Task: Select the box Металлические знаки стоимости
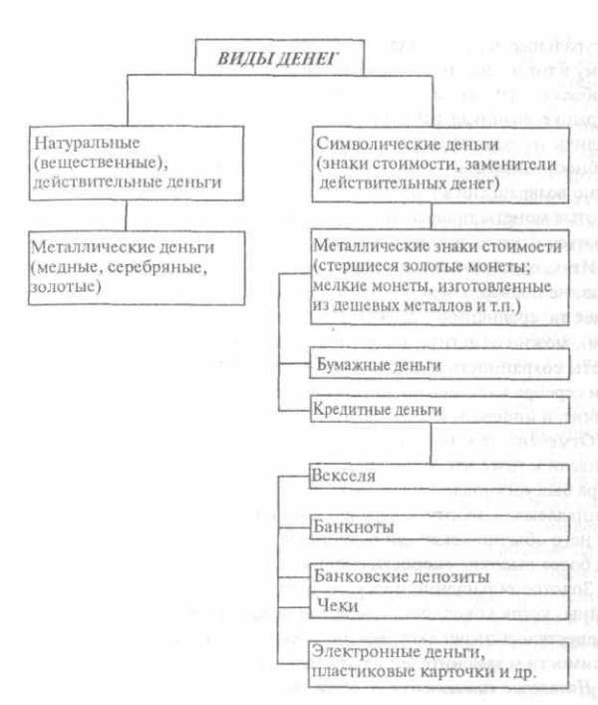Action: pos(430,282)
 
